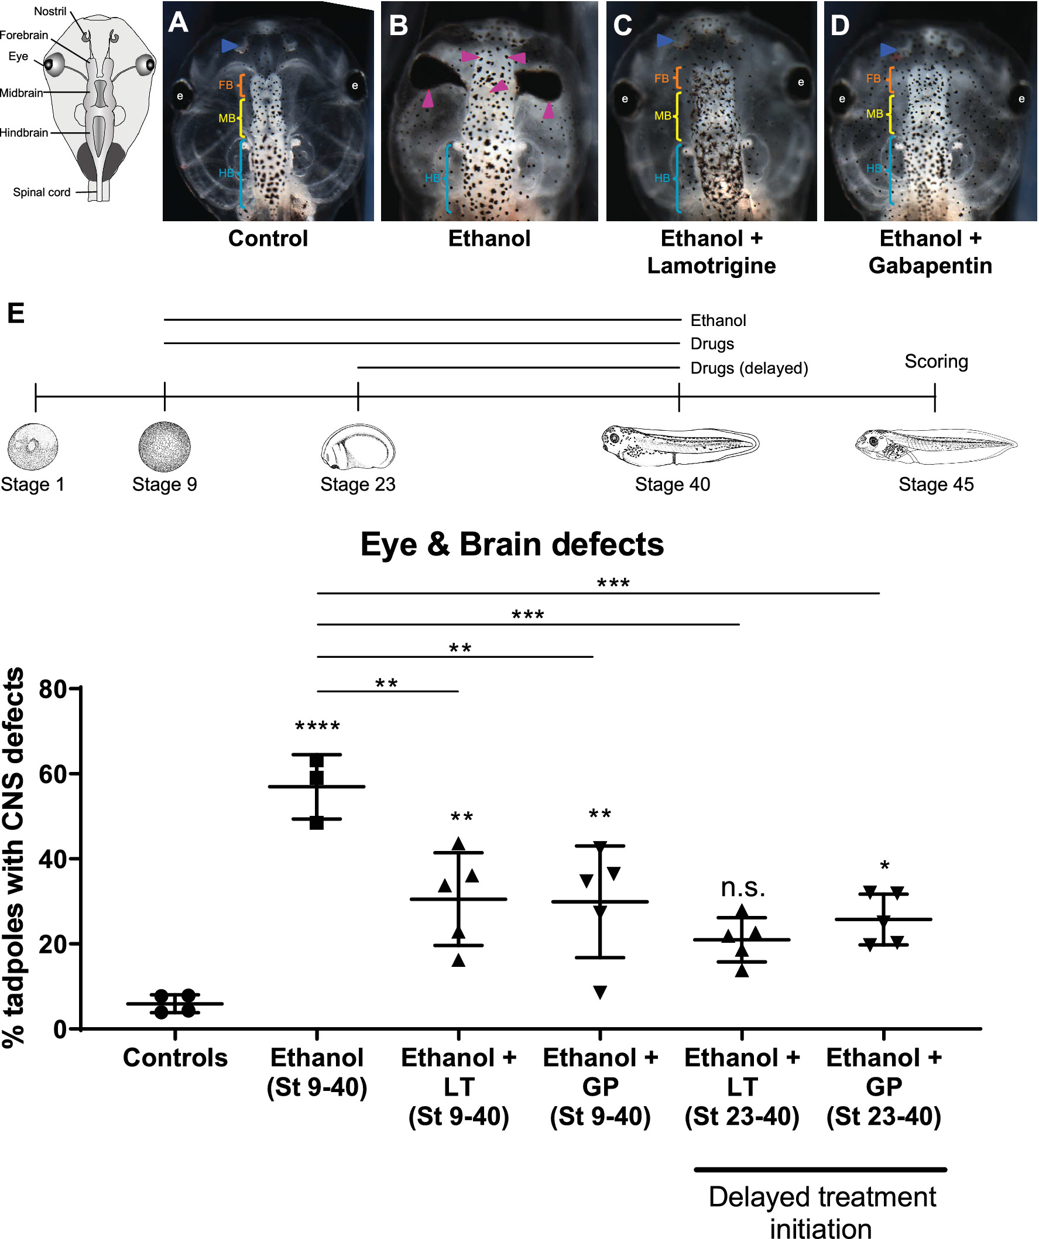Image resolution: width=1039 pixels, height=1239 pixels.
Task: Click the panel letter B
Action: coord(399,26)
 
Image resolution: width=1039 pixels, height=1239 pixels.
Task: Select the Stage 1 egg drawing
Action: coord(32,447)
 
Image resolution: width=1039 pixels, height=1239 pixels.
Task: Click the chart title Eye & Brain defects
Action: coord(512,544)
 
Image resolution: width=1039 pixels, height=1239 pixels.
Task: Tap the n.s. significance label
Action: coord(742,887)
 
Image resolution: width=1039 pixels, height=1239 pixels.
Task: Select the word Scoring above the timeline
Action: coord(936,361)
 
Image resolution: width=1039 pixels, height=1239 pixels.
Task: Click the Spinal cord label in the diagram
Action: coord(42,193)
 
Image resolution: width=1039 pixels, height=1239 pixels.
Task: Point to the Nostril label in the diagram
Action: coord(50,11)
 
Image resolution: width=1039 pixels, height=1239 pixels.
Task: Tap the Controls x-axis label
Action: coord(175,1058)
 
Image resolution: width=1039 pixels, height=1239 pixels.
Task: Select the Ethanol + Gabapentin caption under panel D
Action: coord(930,252)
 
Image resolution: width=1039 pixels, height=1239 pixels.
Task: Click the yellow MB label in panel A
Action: coord(227,119)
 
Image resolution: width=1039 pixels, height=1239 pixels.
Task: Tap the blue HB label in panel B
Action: coord(433,178)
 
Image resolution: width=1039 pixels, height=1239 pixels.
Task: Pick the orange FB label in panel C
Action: coord(661,78)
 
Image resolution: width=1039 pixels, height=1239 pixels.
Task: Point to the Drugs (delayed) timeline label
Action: coord(749,368)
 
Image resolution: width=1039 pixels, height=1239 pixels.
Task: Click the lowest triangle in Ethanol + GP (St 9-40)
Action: coord(600,993)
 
